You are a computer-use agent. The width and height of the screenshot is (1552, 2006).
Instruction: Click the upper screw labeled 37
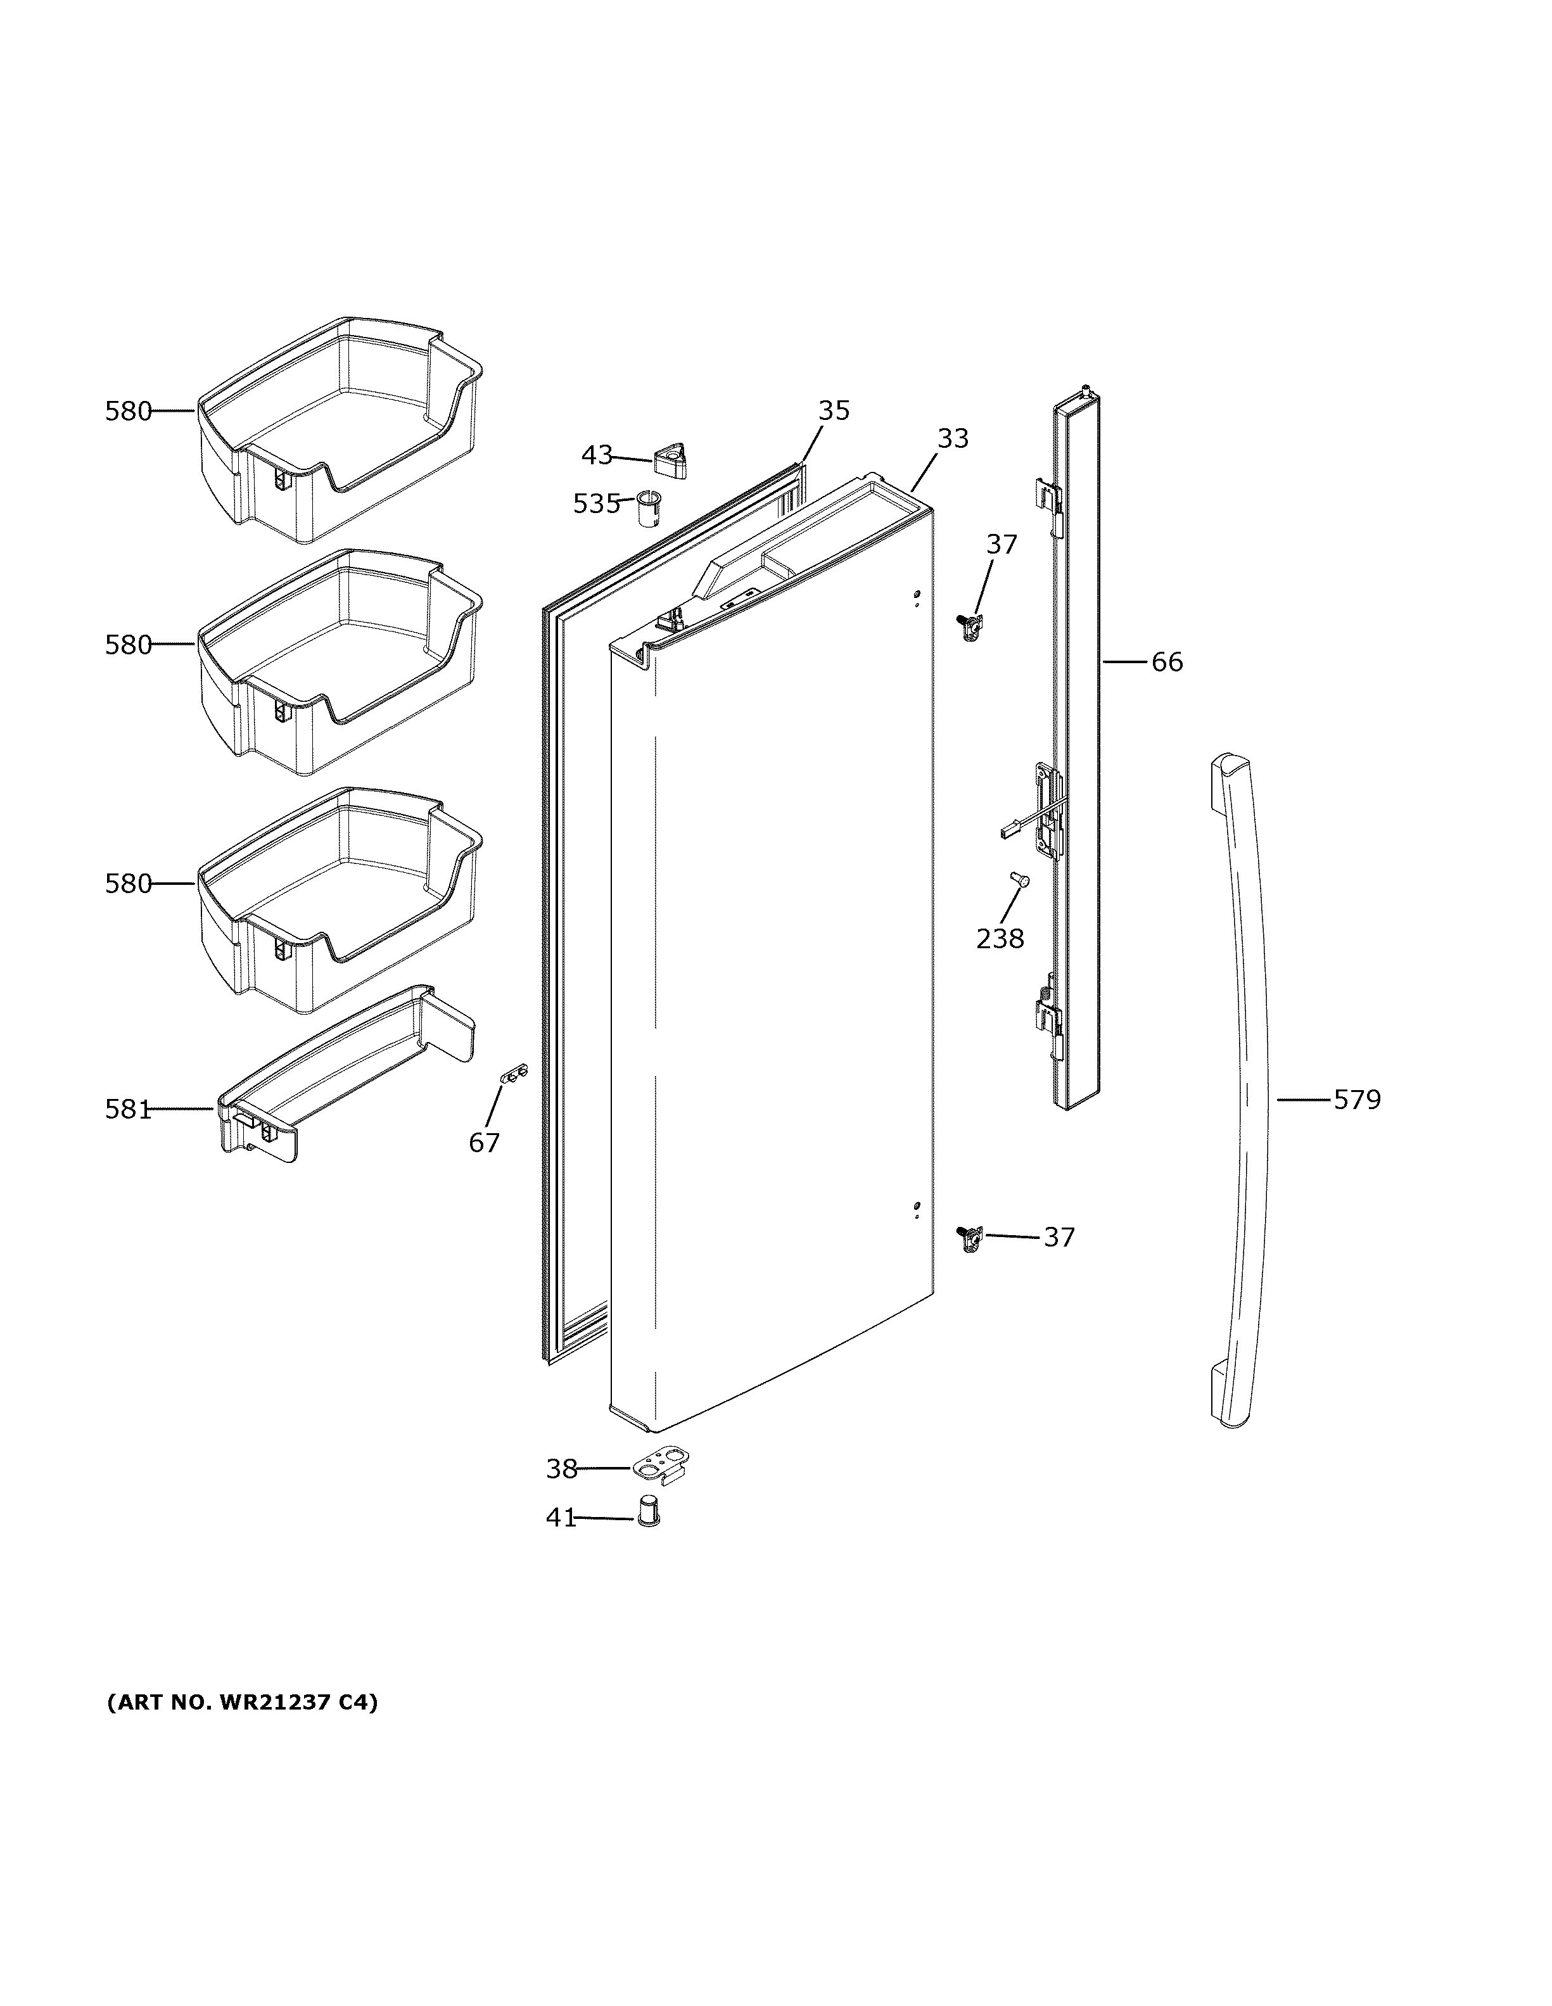tap(969, 626)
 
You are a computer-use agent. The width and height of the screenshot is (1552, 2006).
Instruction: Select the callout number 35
tap(834, 410)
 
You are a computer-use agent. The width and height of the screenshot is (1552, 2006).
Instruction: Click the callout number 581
tap(128, 1110)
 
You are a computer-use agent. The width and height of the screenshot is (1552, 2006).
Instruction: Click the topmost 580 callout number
tap(128, 412)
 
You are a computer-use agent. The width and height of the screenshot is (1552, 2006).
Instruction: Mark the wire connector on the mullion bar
tap(1008, 832)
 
